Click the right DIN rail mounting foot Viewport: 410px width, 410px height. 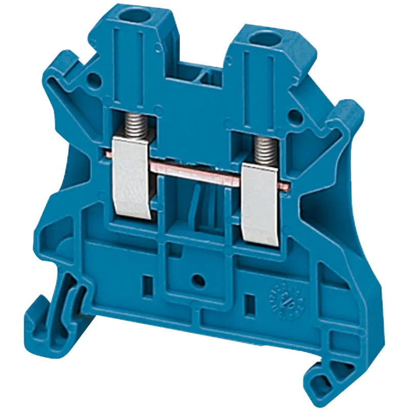[x=328, y=369]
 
